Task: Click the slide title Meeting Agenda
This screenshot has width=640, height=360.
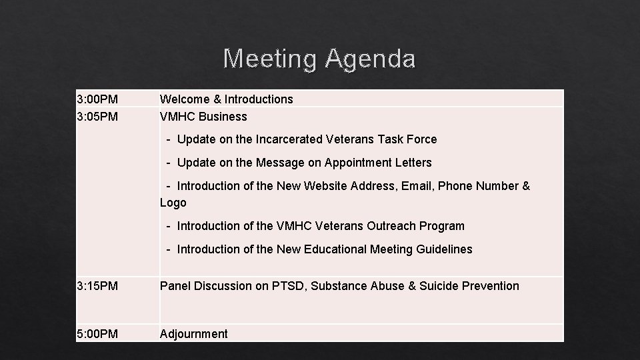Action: tap(319, 59)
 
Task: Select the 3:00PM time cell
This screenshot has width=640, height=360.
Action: tap(97, 99)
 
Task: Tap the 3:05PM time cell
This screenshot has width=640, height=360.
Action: tap(97, 117)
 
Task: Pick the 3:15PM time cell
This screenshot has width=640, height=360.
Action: tap(97, 286)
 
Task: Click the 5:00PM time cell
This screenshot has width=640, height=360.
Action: tap(97, 334)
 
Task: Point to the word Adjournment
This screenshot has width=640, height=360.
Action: tap(193, 334)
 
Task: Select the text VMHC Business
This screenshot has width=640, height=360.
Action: tap(203, 117)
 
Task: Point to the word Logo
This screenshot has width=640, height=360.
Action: tap(173, 203)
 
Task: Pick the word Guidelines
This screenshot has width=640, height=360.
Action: tap(444, 249)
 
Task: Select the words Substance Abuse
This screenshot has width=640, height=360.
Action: tap(365, 286)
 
